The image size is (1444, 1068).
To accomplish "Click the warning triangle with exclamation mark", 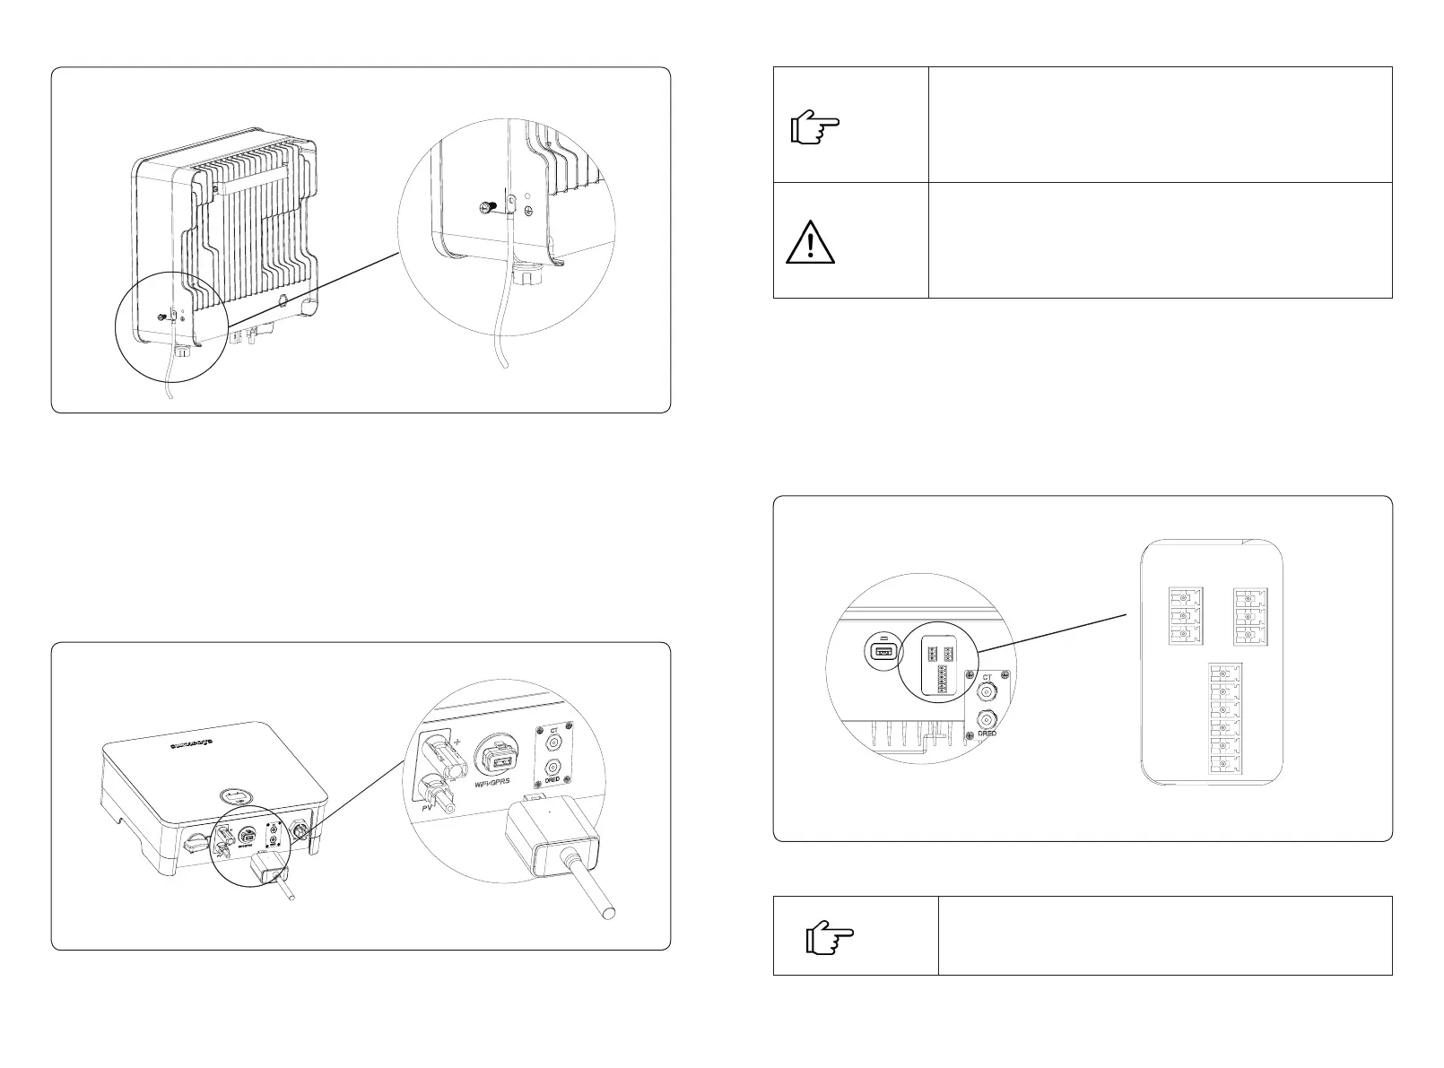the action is coord(810,242).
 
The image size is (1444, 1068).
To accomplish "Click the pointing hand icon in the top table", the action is coord(814,129).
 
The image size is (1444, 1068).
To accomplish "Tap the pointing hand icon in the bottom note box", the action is coord(830,939).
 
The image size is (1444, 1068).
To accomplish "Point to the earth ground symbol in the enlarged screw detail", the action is coord(530,212).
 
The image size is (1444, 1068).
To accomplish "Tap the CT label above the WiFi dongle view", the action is coord(553,732).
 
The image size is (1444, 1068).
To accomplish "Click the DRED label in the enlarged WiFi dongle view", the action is coord(552,780).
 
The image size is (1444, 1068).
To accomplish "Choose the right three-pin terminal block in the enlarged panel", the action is coord(1248,615).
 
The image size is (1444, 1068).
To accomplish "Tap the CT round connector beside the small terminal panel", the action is coord(987,692).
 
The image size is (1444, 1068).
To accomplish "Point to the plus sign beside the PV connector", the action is coord(457,742).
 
